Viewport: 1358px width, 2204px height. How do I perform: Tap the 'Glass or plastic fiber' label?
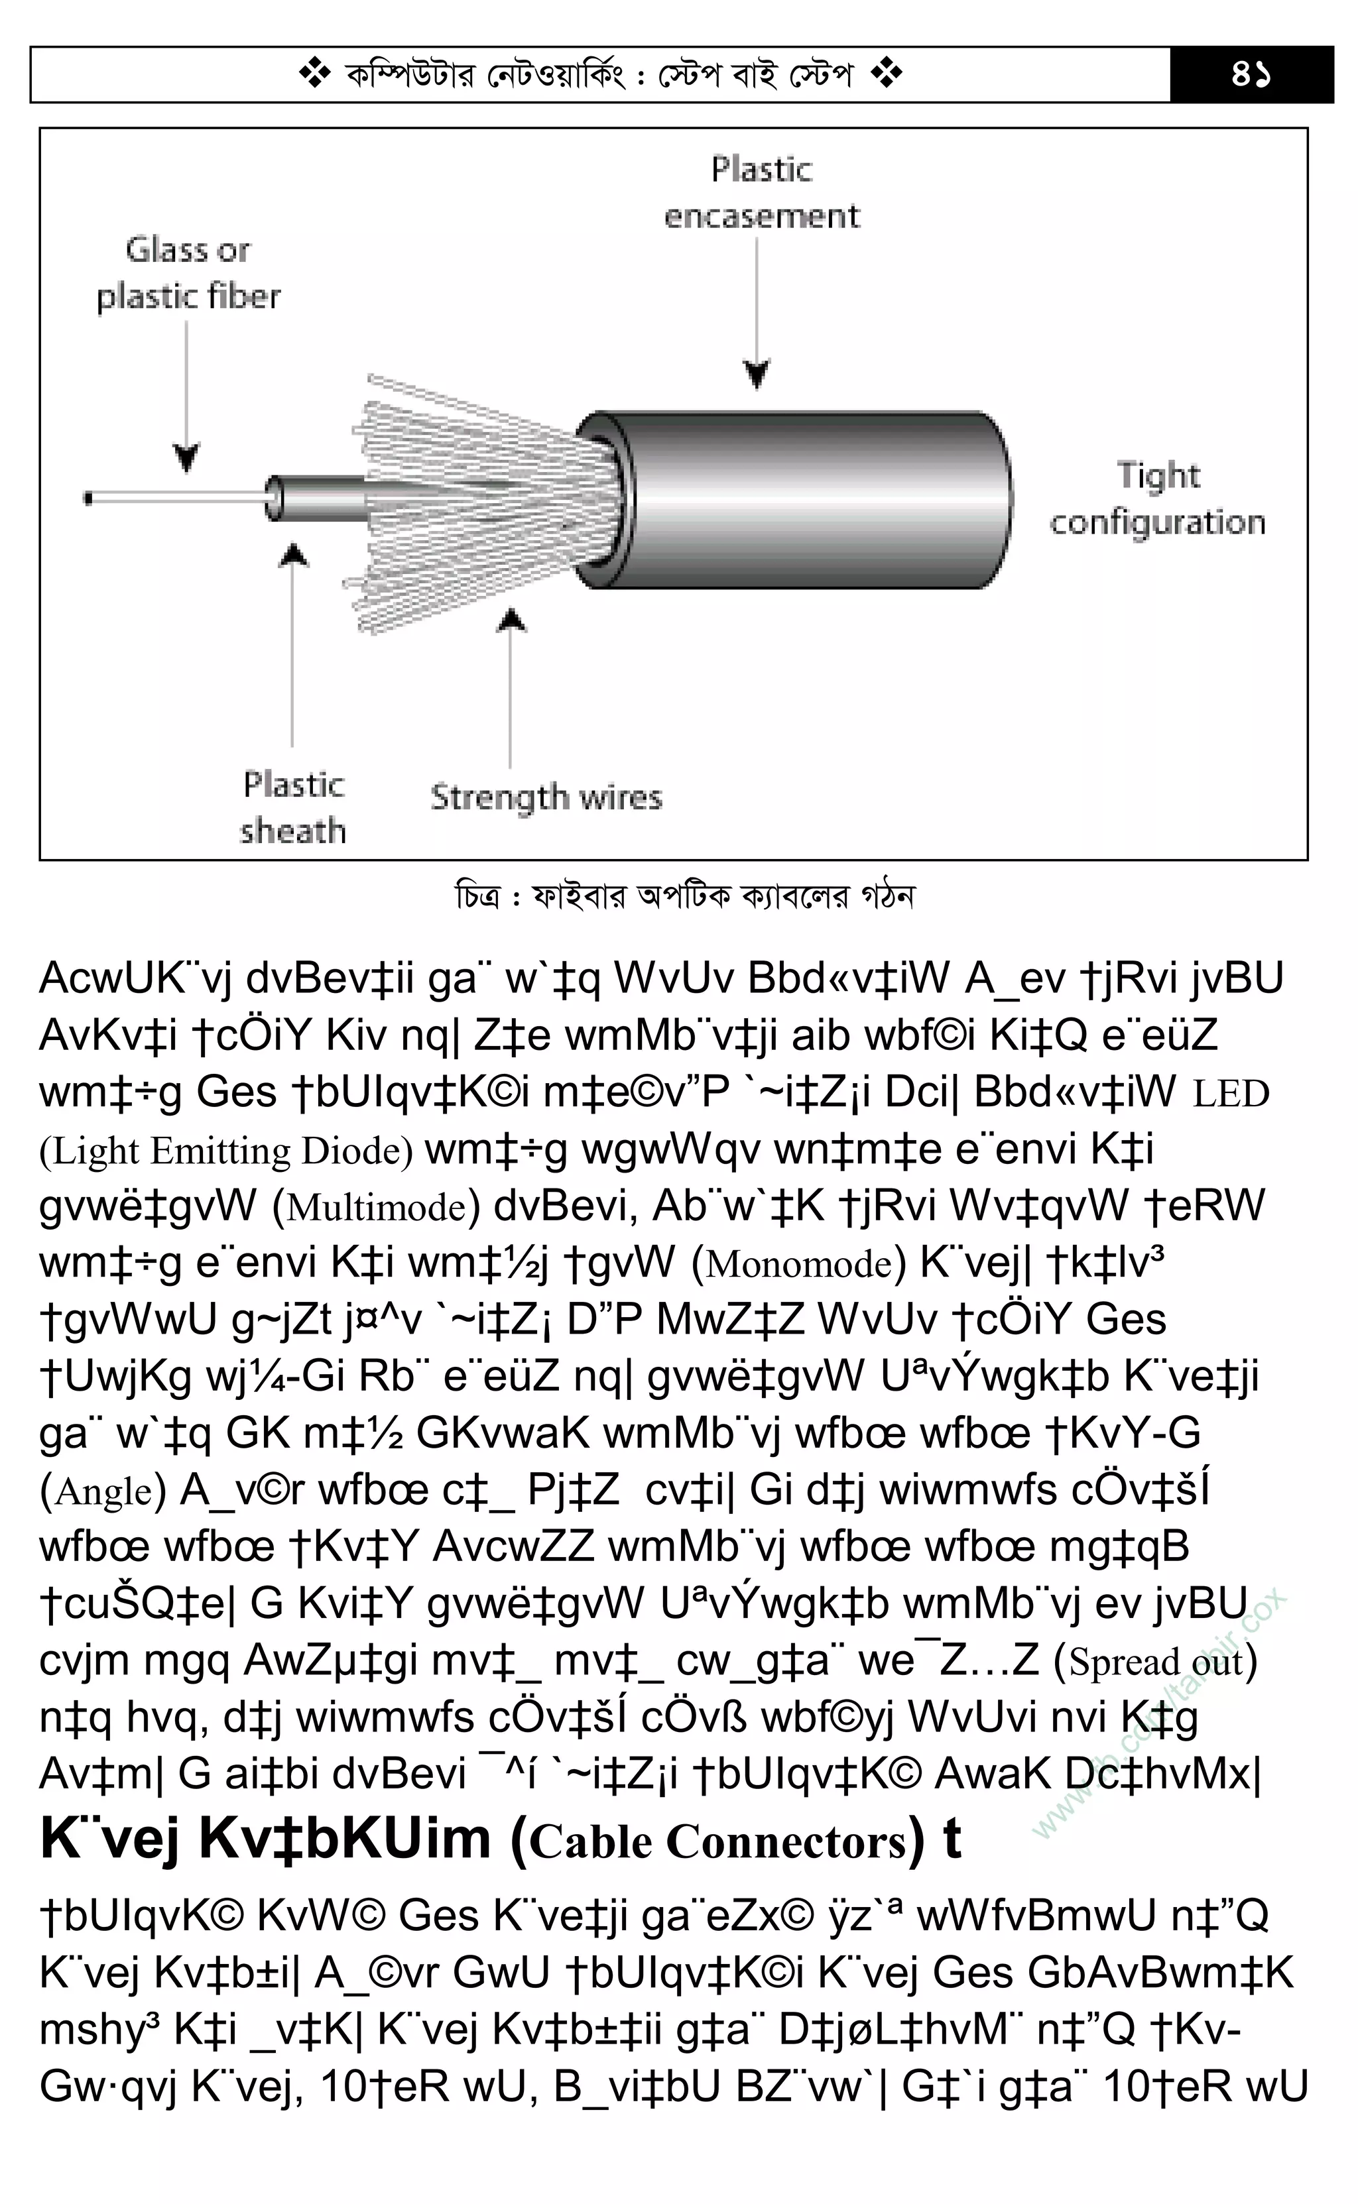click(x=188, y=273)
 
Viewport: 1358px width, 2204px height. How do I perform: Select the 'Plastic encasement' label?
click(x=762, y=192)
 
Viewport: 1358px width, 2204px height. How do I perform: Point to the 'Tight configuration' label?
click(x=1157, y=498)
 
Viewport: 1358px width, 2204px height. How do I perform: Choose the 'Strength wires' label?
click(x=546, y=797)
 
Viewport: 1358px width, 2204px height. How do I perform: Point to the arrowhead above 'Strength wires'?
click(x=511, y=620)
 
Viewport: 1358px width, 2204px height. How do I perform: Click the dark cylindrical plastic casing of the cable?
click(x=808, y=499)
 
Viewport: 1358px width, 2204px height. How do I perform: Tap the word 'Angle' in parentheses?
click(x=103, y=1491)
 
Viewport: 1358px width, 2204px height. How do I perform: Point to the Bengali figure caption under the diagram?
click(x=684, y=896)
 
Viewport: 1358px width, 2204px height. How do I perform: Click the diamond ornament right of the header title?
click(x=886, y=74)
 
